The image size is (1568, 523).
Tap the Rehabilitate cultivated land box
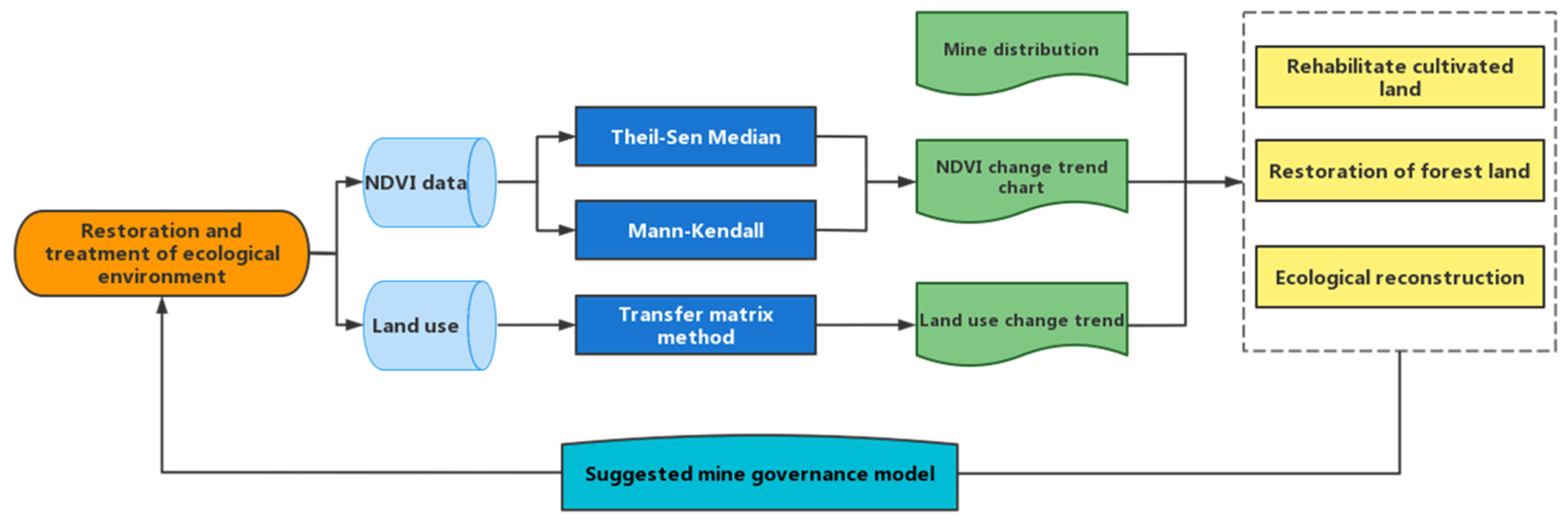(x=1400, y=77)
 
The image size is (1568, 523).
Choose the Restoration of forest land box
(x=1400, y=171)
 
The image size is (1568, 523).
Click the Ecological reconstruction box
(x=1400, y=277)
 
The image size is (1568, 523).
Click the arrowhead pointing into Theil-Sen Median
(x=567, y=137)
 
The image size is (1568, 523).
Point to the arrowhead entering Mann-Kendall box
(x=567, y=231)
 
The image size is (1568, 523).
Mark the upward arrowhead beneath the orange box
(x=162, y=305)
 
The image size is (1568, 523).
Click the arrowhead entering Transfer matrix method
(x=567, y=325)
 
